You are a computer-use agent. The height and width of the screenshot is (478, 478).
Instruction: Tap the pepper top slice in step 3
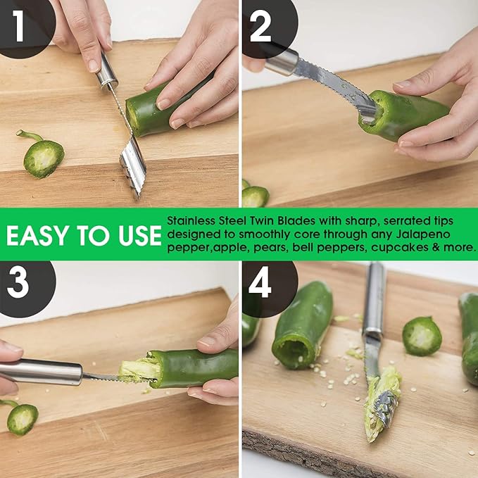tap(23, 418)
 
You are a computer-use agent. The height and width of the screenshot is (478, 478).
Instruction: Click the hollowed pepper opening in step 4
tap(291, 347)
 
